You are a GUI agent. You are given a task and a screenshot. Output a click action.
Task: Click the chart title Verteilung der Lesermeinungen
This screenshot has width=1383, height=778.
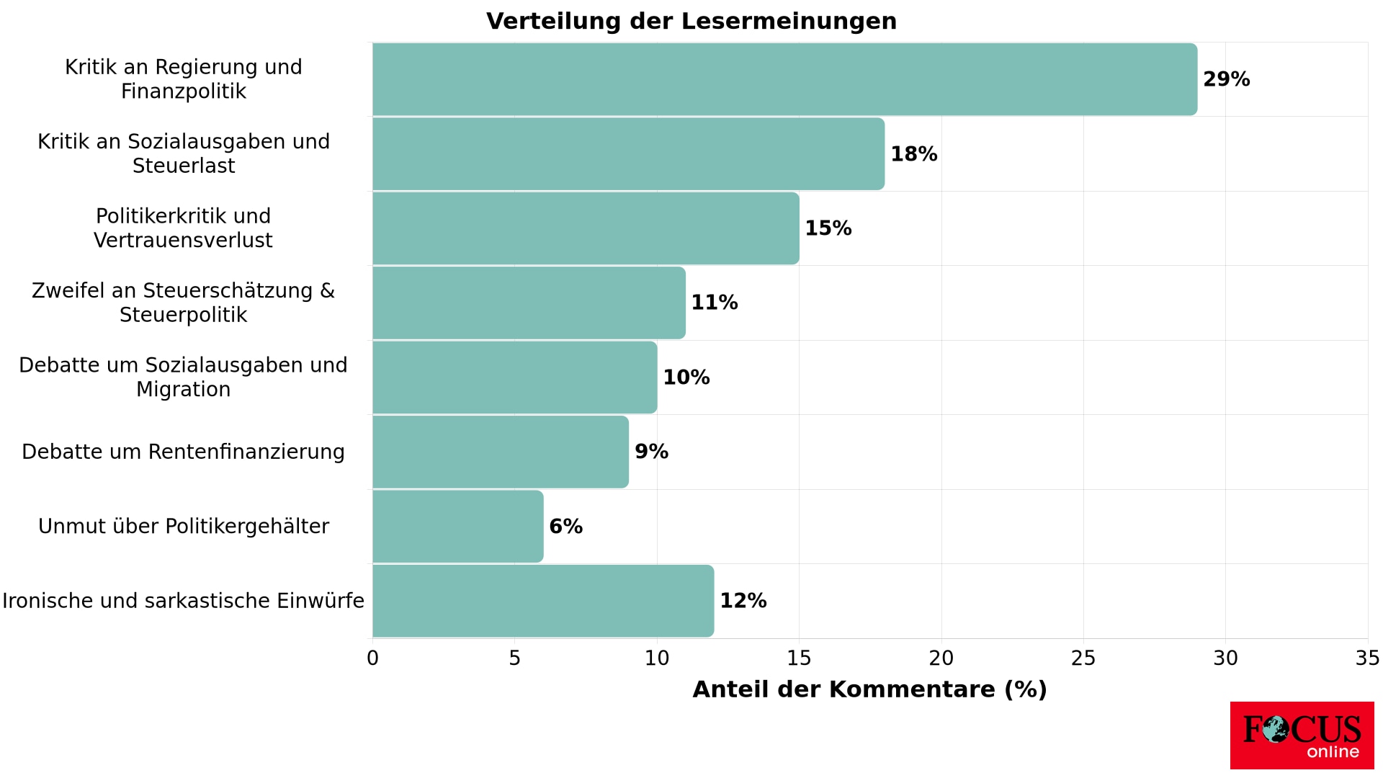coord(691,22)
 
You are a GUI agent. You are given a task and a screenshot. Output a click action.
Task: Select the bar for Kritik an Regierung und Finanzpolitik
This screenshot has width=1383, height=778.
coord(784,79)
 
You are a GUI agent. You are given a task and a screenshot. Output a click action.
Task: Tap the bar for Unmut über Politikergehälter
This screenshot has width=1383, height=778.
coord(458,527)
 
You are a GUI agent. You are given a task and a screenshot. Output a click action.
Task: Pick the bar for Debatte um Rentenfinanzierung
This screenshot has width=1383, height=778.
coord(501,452)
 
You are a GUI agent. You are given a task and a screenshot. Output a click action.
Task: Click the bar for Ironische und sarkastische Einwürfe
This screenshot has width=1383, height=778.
coord(543,601)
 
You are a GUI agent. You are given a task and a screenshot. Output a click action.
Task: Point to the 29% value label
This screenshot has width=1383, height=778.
coord(1226,79)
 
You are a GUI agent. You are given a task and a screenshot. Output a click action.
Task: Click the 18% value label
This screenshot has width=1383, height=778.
coord(913,154)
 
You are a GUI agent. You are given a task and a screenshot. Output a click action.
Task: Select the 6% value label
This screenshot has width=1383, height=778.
coord(565,527)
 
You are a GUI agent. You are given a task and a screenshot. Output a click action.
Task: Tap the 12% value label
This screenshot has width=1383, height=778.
coord(743,601)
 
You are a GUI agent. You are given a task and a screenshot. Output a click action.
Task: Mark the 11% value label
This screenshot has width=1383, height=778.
coord(714,303)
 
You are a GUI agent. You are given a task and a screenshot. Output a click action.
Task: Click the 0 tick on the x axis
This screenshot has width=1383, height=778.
coord(372,658)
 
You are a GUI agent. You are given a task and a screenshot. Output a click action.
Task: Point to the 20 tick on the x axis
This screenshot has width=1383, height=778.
coord(941,658)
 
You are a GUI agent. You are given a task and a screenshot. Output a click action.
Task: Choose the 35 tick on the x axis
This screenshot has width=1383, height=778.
coord(1367,658)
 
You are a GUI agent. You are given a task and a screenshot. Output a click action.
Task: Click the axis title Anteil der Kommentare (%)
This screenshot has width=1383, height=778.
coord(869,689)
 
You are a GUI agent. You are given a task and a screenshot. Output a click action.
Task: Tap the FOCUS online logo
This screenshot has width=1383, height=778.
coord(1302,735)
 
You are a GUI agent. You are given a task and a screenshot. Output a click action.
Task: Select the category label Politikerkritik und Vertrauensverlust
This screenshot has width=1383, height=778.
coord(183,228)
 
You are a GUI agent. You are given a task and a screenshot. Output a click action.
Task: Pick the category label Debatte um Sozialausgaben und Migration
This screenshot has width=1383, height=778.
coord(183,377)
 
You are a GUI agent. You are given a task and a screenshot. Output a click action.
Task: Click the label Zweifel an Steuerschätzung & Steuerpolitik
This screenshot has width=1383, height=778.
coord(183,303)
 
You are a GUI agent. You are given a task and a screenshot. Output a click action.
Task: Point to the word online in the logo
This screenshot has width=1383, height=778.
coord(1333,752)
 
